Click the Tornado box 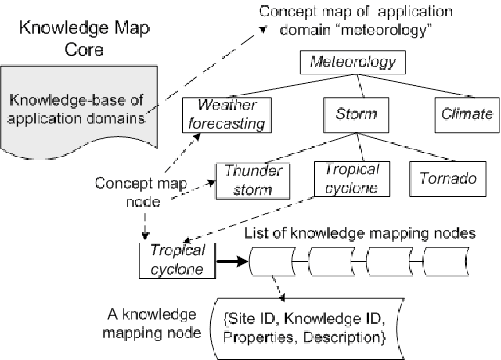point(443,179)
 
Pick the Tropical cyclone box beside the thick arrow point(177,260)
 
